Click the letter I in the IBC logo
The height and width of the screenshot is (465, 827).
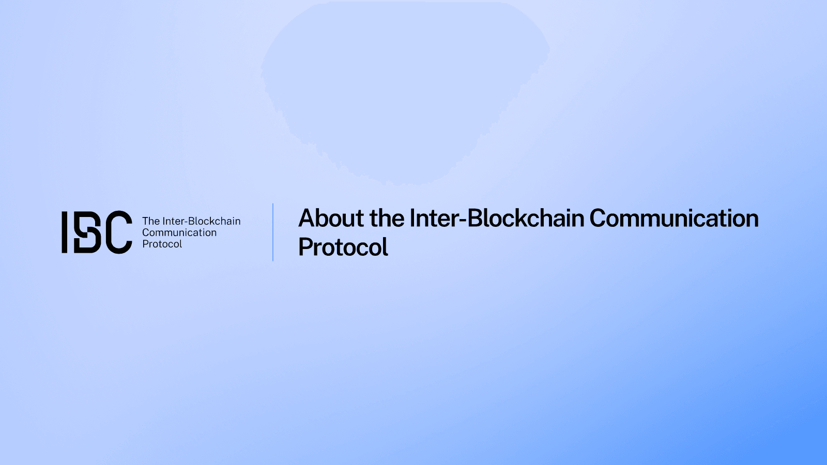[x=65, y=232]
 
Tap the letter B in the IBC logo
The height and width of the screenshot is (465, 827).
[x=87, y=232]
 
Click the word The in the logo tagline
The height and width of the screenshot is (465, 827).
[x=151, y=221]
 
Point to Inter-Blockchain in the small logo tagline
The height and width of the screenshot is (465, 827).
[x=202, y=221]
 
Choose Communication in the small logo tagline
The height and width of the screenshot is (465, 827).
[x=179, y=233]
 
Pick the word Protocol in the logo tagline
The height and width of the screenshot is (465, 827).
[x=162, y=244]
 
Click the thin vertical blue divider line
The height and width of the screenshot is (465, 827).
[x=273, y=232]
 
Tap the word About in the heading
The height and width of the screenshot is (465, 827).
[x=331, y=218]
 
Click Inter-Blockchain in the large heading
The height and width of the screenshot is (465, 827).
[x=497, y=218]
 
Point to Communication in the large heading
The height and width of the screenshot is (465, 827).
[x=674, y=218]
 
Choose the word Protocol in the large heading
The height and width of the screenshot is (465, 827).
[x=343, y=247]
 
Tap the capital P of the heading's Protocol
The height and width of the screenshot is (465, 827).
[x=305, y=247]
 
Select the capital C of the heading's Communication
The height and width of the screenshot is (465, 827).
[x=598, y=219]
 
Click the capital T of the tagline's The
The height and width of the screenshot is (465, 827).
[x=146, y=221]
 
